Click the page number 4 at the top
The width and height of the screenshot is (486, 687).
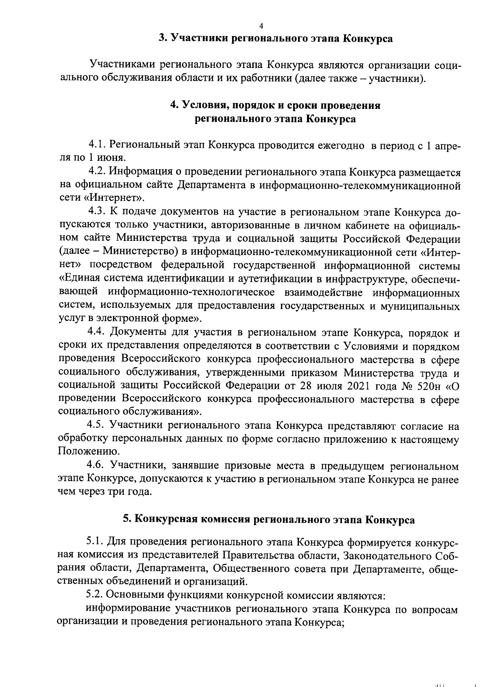point(261,26)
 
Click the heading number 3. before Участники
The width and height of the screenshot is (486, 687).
point(163,39)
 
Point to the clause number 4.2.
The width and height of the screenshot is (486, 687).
point(97,172)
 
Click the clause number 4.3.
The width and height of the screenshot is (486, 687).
point(97,212)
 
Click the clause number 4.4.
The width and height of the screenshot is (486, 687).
point(97,333)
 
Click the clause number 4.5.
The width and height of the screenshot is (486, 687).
point(97,425)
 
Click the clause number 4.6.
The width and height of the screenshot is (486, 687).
point(97,466)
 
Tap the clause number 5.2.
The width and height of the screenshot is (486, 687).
point(95,596)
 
